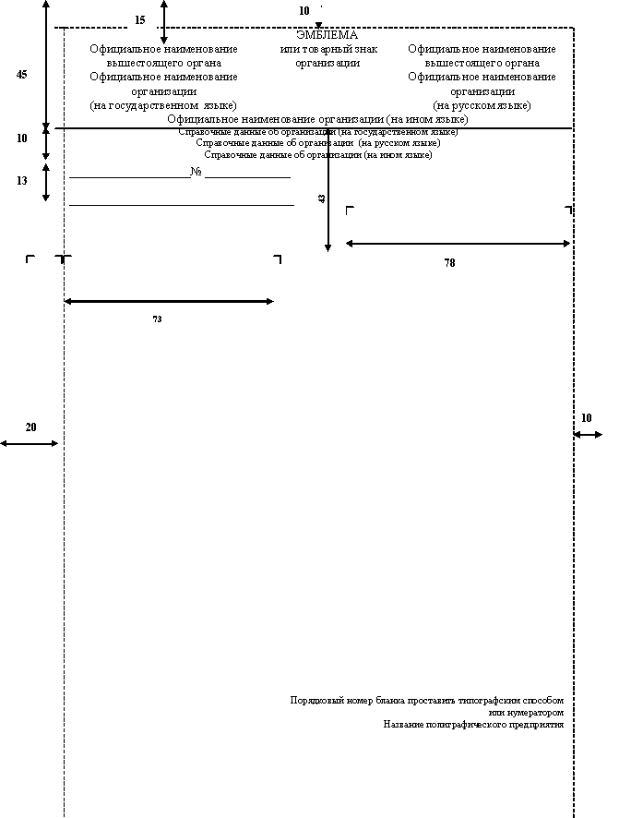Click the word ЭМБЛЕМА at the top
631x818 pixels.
(327, 35)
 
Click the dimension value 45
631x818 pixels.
(22, 76)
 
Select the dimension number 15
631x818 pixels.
(140, 19)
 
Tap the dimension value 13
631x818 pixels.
(22, 181)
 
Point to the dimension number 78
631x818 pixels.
(449, 263)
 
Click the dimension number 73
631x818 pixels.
(157, 319)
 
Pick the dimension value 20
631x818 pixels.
(30, 427)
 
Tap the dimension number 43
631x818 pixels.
(322, 198)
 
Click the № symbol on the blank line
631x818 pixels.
(196, 172)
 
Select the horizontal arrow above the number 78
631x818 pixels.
(458, 244)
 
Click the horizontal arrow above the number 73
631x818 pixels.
(169, 301)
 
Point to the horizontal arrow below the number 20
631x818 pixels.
(30, 443)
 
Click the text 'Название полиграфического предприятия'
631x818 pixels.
(473, 725)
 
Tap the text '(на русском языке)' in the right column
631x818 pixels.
(482, 105)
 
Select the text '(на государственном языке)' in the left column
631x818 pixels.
(163, 105)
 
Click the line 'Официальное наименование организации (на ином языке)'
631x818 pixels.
(317, 119)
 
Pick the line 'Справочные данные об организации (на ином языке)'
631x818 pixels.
(318, 155)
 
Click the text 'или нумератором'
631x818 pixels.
(525, 713)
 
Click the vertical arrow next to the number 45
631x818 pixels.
(46, 65)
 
